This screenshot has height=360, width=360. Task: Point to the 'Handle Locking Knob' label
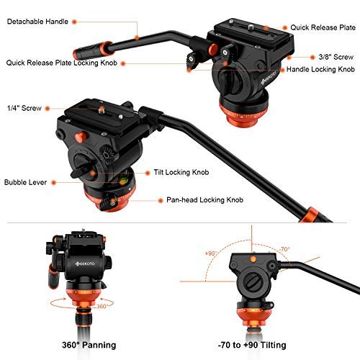click(320, 70)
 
